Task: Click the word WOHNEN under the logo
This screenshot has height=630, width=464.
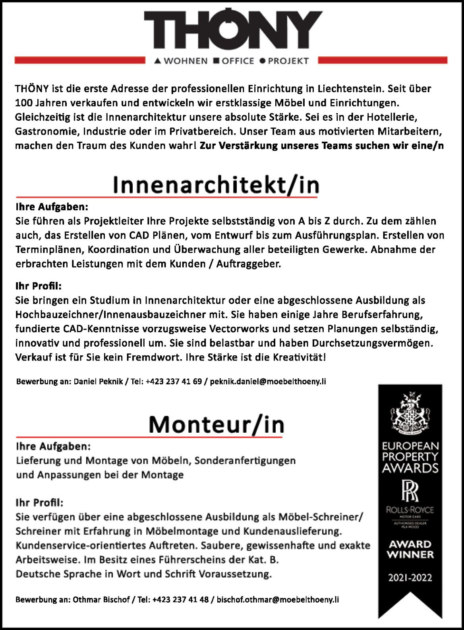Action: [x=186, y=61]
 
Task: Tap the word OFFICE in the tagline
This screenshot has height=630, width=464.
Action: [x=238, y=61]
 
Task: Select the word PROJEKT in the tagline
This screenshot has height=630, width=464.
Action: [x=288, y=61]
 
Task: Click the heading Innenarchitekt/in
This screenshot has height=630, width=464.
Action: [x=216, y=185]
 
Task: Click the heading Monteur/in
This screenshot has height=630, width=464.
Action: [x=217, y=425]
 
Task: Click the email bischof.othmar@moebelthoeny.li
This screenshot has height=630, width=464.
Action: [x=278, y=600]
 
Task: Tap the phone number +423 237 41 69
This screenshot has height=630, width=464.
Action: [x=174, y=382]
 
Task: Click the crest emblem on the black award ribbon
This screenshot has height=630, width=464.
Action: [x=410, y=413]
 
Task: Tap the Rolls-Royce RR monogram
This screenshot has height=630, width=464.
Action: [x=410, y=491]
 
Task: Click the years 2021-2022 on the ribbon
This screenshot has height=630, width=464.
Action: [x=410, y=578]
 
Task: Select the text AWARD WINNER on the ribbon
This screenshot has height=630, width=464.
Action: [x=410, y=549]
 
